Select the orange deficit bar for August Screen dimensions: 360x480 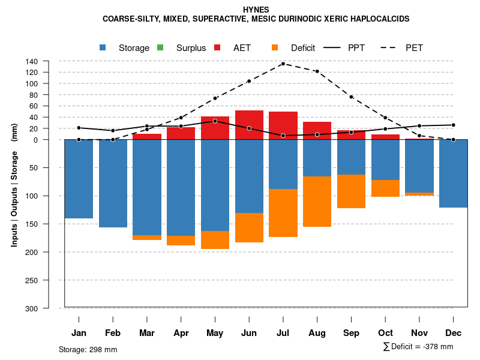(x=317, y=202)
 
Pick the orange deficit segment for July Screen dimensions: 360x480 (x=283, y=213)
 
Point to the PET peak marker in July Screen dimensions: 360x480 (x=283, y=64)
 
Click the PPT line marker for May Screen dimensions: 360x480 (x=215, y=121)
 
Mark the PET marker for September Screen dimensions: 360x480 (x=351, y=97)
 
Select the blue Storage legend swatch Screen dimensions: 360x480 (x=103, y=47)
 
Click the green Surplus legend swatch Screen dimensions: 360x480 (x=160, y=47)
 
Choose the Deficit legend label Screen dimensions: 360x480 (x=303, y=48)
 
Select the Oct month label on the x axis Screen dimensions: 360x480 (x=385, y=333)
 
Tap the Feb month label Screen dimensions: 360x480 (x=113, y=333)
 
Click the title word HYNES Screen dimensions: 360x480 (x=256, y=10)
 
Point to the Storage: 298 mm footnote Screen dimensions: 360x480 (x=88, y=349)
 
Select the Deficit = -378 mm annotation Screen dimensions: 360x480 (x=418, y=347)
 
